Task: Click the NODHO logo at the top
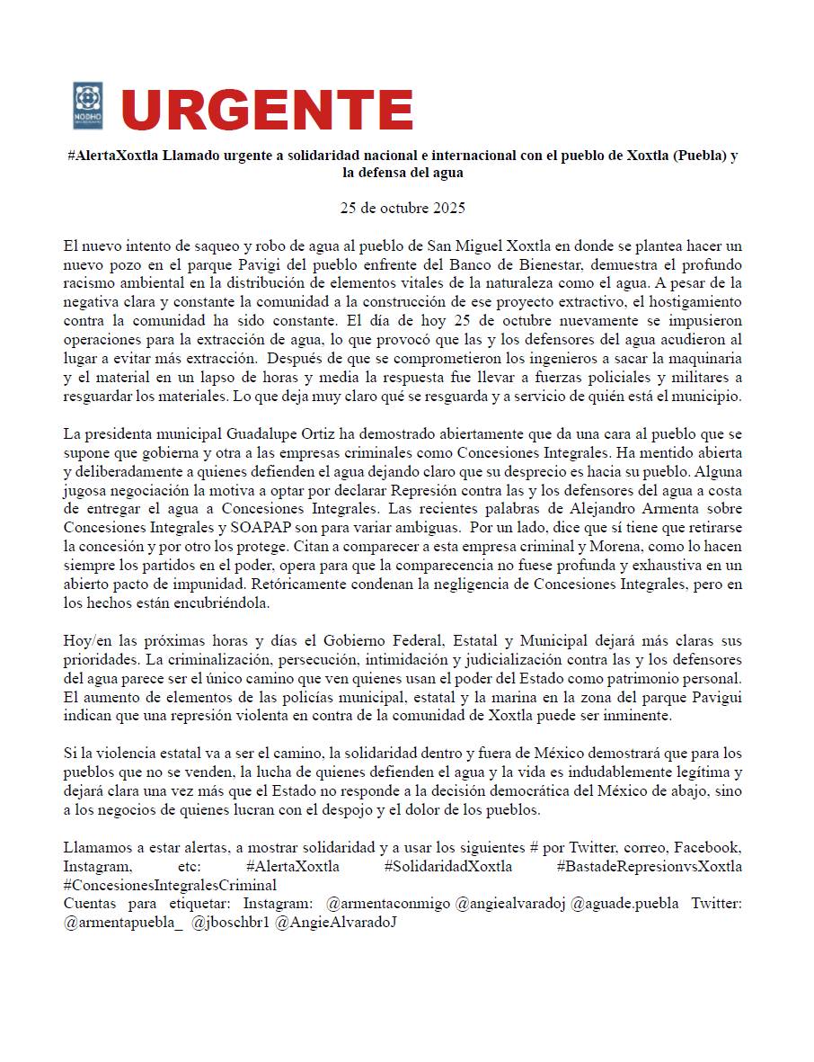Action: click(x=88, y=106)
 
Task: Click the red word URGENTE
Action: click(x=267, y=110)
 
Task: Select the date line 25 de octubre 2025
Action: click(x=403, y=208)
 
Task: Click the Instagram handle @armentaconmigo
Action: click(x=388, y=903)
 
